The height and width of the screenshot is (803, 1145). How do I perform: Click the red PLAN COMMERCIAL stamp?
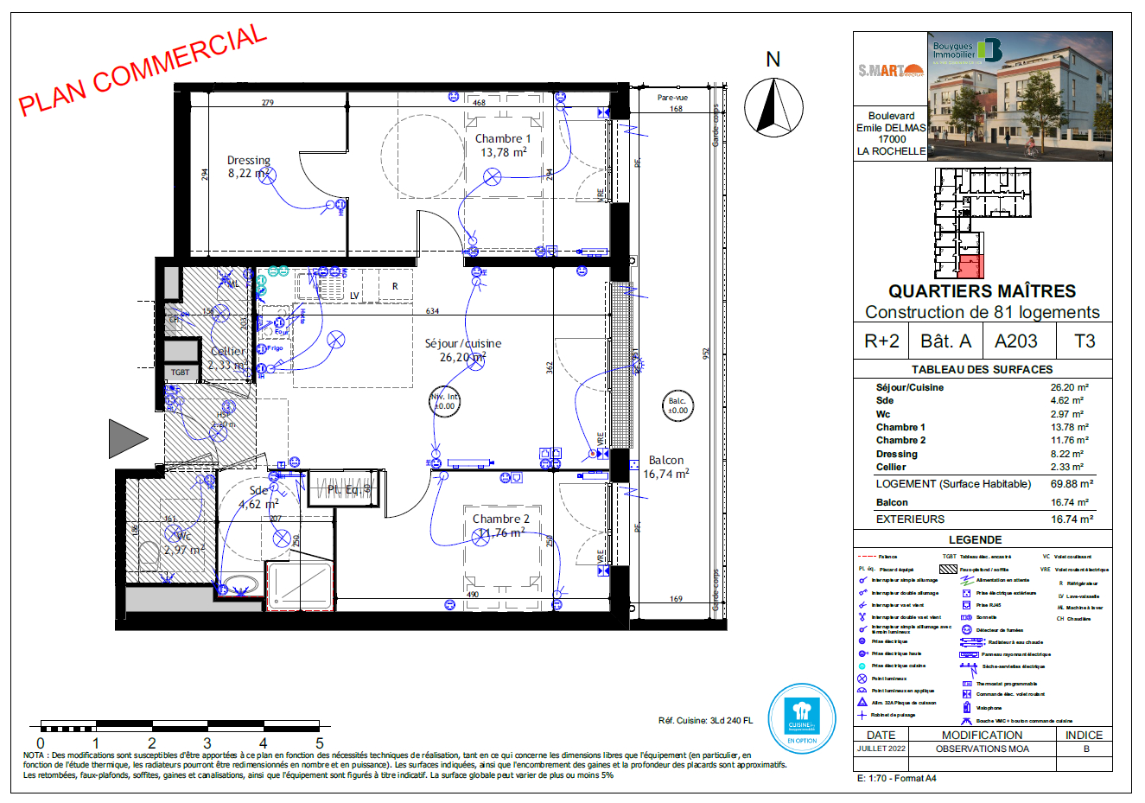click(x=143, y=71)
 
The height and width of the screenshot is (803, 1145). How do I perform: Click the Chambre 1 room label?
click(x=503, y=145)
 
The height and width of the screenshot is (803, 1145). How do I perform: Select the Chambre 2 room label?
click(x=500, y=526)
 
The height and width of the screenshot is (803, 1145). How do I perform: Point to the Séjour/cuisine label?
click(x=462, y=350)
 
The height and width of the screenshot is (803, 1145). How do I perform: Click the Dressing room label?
click(x=249, y=167)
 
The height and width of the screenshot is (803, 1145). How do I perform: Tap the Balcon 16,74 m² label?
click(x=665, y=467)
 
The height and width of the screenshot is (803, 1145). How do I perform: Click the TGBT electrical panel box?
click(x=180, y=373)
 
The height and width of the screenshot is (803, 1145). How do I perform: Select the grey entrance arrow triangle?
click(x=127, y=438)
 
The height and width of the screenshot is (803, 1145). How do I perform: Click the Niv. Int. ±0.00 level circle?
click(x=444, y=401)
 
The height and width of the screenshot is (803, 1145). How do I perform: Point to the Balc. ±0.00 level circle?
click(x=677, y=405)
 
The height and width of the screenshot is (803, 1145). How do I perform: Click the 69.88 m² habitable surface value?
click(x=1072, y=484)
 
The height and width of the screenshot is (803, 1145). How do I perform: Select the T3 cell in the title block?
click(x=1085, y=341)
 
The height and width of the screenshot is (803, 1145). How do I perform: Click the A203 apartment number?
click(x=1015, y=341)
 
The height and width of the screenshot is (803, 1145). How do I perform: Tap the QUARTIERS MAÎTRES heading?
click(x=982, y=291)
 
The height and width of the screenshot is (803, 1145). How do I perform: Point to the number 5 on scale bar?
click(x=319, y=742)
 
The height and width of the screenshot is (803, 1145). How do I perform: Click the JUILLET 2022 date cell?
click(x=881, y=749)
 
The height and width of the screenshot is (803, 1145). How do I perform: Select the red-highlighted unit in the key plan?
click(x=971, y=266)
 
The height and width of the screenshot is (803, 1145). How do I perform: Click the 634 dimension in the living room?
click(x=432, y=311)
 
